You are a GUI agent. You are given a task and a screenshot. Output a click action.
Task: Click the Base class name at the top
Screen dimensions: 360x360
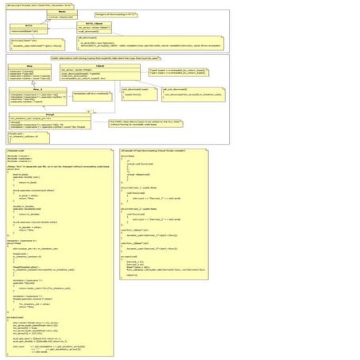point(63,11)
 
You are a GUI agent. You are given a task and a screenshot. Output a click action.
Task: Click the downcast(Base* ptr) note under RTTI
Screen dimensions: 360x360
point(29,41)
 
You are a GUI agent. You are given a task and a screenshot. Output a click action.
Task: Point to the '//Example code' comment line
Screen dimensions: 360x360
point(16,149)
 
